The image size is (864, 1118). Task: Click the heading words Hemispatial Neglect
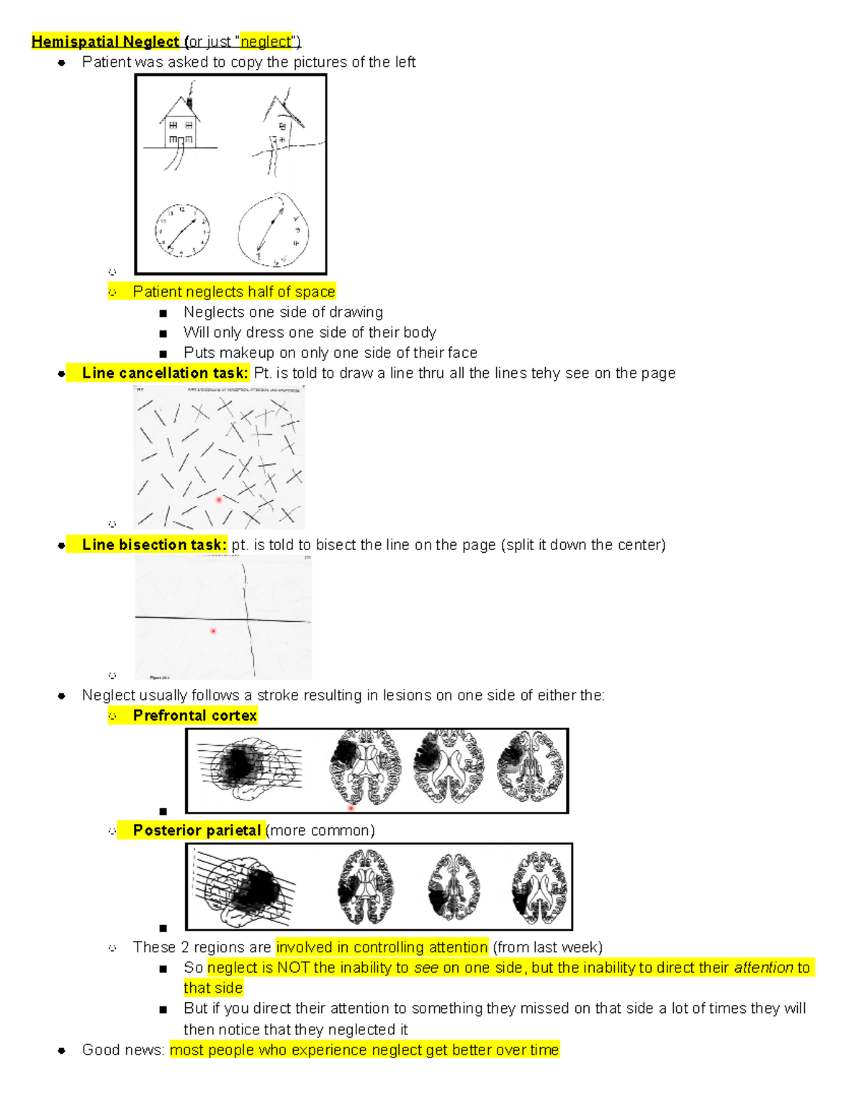105,42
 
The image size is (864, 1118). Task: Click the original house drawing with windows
180,128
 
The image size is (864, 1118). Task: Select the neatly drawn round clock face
182,231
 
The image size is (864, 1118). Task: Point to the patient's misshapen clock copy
273,230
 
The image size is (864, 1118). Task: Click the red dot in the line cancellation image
219,500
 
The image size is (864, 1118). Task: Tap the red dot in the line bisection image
213,631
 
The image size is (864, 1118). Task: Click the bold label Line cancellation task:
165,373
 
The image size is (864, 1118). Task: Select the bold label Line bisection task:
154,545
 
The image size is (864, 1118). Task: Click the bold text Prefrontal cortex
194,716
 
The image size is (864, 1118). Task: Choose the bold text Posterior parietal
197,831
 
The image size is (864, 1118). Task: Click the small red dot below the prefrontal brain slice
351,808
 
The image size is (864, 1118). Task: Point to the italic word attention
763,968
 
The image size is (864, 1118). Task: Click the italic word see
426,968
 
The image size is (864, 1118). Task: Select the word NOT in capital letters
294,968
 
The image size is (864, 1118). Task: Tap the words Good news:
123,1050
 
